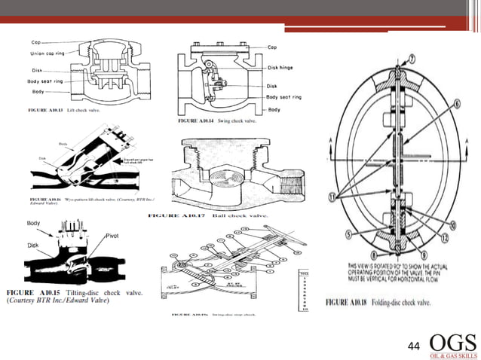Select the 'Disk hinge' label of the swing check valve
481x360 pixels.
tap(284, 66)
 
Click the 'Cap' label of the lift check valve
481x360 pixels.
tap(36, 42)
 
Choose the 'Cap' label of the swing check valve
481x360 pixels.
tap(277, 46)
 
